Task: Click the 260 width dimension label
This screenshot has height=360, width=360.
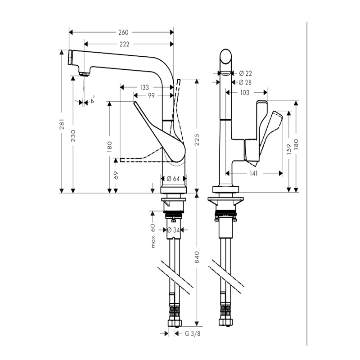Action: (123, 32)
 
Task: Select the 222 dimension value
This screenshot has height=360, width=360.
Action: (125, 44)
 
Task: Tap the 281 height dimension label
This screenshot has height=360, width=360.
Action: (62, 124)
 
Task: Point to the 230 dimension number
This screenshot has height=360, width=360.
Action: (73, 135)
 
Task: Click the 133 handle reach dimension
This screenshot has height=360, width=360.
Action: (144, 87)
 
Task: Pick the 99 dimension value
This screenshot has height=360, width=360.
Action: (151, 95)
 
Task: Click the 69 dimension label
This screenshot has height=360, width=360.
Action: (116, 175)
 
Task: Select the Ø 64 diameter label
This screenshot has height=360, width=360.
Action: (173, 179)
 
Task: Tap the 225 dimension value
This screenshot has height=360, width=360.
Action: (197, 139)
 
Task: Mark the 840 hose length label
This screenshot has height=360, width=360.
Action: (197, 257)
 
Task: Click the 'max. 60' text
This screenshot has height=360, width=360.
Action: (153, 236)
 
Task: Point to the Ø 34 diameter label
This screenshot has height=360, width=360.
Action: (173, 230)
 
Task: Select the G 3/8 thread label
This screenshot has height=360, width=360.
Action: (193, 333)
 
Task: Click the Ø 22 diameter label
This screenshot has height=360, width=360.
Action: (245, 73)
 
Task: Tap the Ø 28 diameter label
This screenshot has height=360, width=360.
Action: (245, 82)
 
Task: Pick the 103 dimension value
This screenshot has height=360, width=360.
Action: (244, 93)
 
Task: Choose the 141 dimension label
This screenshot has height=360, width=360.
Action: (253, 173)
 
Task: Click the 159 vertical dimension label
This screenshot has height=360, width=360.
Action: (289, 149)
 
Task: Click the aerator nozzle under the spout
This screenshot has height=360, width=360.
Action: (84, 74)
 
